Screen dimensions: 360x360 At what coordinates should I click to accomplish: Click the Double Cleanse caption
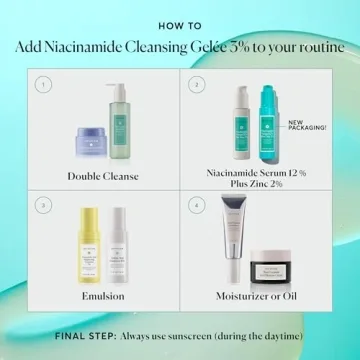coord(103,176)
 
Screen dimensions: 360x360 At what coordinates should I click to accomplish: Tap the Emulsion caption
coord(103,296)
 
